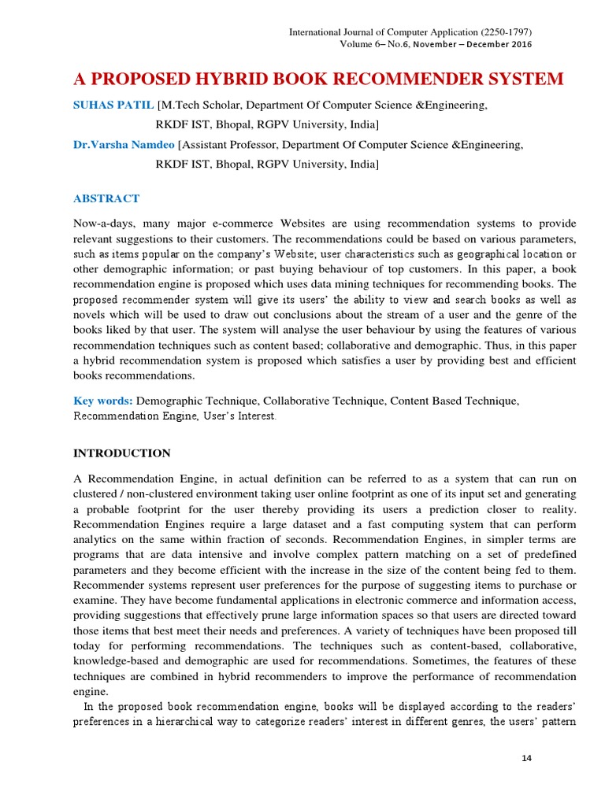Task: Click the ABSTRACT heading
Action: pos(106,198)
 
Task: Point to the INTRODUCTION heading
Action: pos(121,453)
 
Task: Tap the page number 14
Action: pos(527,758)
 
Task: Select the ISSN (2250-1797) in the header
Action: pos(503,32)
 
